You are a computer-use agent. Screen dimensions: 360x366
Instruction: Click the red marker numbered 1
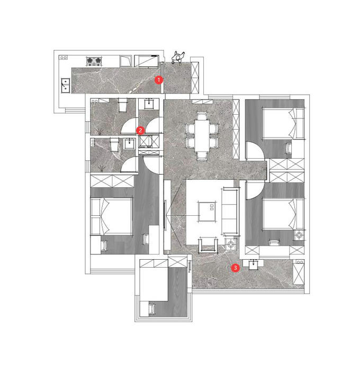tap(159, 80)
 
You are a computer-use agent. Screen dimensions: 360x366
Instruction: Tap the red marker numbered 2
tap(140, 130)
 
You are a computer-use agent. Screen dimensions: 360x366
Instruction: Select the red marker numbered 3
tap(235, 268)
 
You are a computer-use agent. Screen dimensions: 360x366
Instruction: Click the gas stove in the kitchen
tap(94, 60)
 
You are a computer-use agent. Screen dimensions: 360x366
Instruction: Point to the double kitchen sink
tap(66, 86)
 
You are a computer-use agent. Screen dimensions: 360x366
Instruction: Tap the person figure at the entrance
tap(178, 58)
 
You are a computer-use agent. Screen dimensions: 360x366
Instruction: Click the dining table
tap(202, 135)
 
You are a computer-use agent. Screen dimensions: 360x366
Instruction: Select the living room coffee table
tap(207, 211)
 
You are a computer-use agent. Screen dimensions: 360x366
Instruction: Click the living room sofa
tap(230, 211)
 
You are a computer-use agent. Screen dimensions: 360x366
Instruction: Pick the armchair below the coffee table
tap(207, 244)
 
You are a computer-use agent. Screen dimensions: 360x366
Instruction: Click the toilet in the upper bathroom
tap(123, 105)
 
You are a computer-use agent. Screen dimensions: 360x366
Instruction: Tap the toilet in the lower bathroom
tap(114, 145)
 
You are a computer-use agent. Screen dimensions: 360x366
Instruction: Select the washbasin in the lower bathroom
tap(129, 143)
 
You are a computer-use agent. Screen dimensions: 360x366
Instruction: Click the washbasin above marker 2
tap(149, 104)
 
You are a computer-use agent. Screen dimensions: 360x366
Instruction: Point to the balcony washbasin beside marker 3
tap(253, 264)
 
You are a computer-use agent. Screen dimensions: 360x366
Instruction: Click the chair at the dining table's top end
tap(202, 116)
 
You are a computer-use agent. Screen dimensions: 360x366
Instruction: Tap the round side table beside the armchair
tap(231, 244)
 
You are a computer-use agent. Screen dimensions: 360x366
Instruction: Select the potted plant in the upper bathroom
tap(100, 131)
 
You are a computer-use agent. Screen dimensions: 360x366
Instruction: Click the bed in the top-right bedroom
tap(283, 123)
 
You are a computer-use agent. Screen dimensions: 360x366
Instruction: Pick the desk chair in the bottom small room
tap(152, 309)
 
